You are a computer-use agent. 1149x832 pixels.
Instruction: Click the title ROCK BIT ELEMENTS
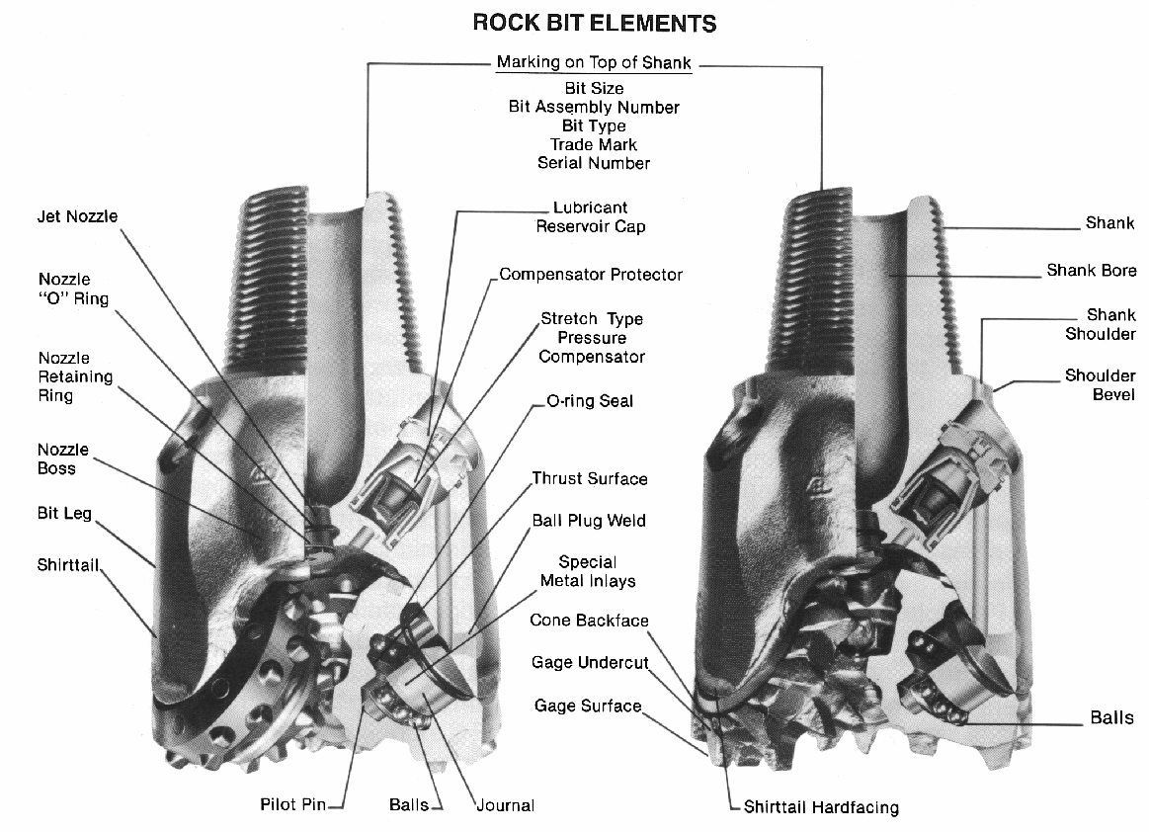[x=594, y=22]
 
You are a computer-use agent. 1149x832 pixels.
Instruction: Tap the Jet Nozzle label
[x=77, y=216]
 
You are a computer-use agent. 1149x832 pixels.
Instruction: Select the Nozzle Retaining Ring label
[x=76, y=376]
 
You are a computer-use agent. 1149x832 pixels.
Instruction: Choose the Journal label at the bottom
[x=505, y=805]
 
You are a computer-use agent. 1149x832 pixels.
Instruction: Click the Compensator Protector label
[x=591, y=274]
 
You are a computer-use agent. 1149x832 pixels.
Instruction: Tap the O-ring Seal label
[x=590, y=401]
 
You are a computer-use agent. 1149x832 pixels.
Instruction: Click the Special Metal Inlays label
[x=588, y=571]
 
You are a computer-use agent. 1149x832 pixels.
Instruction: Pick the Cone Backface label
[x=589, y=621]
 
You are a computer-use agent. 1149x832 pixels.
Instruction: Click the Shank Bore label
[x=1092, y=270]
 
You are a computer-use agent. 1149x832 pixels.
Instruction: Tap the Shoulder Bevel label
[x=1100, y=385]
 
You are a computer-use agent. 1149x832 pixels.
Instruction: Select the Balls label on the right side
[x=1111, y=718]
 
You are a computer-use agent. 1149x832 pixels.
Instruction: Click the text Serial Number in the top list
[x=594, y=163]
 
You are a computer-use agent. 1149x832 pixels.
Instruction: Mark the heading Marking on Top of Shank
[x=594, y=62]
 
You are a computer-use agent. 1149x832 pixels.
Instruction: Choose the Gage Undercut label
[x=590, y=662]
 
